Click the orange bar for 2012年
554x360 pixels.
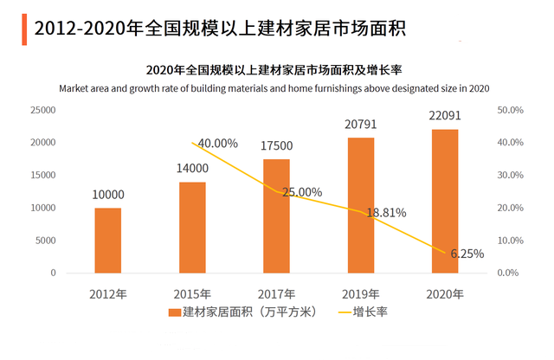click(108, 240)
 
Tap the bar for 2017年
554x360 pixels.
click(276, 215)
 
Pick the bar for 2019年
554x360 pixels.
click(361, 205)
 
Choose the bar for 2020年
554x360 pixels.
click(445, 201)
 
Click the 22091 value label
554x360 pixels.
click(445, 115)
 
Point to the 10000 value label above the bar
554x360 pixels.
click(108, 195)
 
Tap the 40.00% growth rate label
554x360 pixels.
click(218, 143)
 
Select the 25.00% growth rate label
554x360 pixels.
click(302, 192)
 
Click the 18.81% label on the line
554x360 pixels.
click(386, 212)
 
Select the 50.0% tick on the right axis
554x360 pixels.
click(512, 110)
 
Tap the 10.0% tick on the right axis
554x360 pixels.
click(512, 241)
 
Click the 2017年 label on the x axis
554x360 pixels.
click(276, 293)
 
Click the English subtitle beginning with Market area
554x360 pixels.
click(275, 87)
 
